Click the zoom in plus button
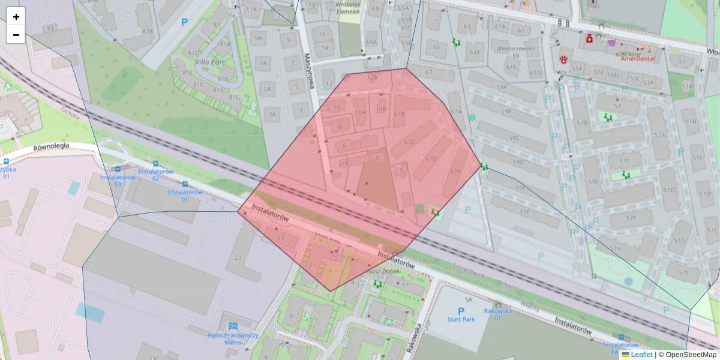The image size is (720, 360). pos(16,17)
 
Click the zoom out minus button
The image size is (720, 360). pos(16,35)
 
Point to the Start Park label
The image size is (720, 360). pos(461,319)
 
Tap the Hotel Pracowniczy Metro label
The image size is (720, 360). pos(233,338)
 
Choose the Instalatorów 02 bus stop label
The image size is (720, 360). pos(155,175)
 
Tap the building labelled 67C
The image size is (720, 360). pos(410,142)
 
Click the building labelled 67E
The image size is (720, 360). pos(456,172)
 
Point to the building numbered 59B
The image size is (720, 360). pos(506,112)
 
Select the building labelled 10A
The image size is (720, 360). pos(360,112)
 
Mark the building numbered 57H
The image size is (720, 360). pos(616,248)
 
